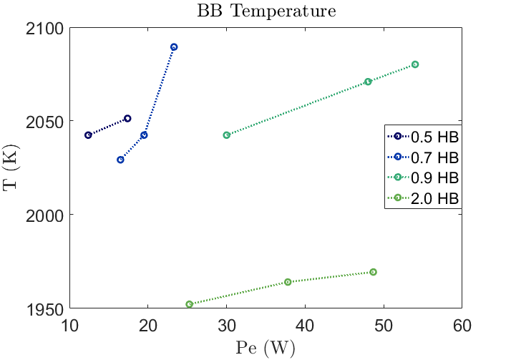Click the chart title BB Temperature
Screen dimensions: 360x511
click(266, 11)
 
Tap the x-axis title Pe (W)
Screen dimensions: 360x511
click(266, 349)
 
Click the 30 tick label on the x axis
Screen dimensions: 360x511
click(227, 326)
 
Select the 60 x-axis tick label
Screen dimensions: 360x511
click(462, 326)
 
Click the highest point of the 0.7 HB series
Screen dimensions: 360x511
click(174, 47)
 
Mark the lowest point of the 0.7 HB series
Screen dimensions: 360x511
click(120, 160)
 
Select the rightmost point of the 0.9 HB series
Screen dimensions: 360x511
click(415, 64)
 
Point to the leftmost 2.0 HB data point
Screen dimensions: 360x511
click(189, 304)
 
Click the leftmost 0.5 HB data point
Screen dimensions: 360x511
click(88, 135)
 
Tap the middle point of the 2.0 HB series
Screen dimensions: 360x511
click(288, 282)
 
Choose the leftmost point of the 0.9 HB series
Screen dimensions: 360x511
click(227, 135)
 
